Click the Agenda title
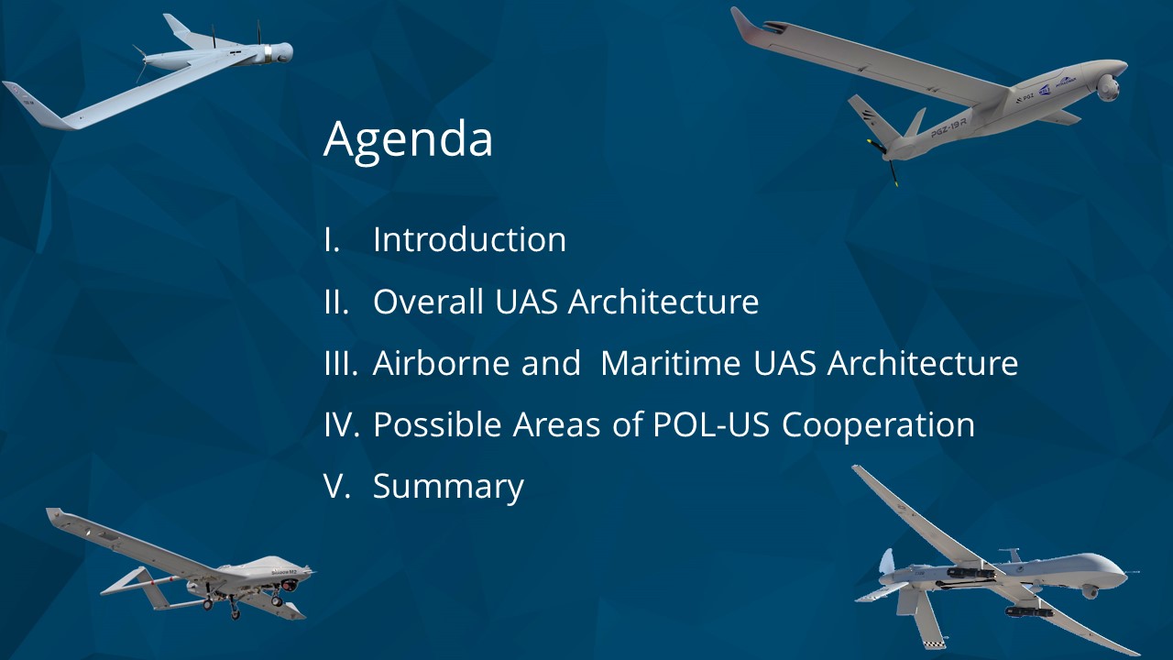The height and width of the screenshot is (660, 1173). pos(408,138)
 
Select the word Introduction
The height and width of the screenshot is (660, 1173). pos(470,240)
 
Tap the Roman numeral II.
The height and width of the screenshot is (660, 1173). pos(336,302)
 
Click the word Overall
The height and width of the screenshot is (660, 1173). pos(428,302)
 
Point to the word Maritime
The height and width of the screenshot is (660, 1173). pos(671,362)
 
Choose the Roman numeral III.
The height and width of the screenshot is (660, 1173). pos(341,363)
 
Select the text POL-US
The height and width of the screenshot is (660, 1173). pos(711,424)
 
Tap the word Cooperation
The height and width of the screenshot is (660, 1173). pos(878,425)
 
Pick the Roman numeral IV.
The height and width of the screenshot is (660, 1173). pos(342,424)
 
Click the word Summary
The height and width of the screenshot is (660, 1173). pos(448,487)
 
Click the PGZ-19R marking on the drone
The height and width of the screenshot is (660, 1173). pos(948,127)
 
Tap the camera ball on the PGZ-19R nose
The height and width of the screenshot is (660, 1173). pos(1108,87)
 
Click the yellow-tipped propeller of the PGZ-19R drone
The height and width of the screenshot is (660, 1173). pos(884,161)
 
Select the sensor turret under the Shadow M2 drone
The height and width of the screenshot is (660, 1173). pos(289,585)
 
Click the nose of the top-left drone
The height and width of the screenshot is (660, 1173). pos(284,52)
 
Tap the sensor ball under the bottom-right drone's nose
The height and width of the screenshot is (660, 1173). pos(1091,592)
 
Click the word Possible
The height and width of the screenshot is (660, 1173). pos(437,424)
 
